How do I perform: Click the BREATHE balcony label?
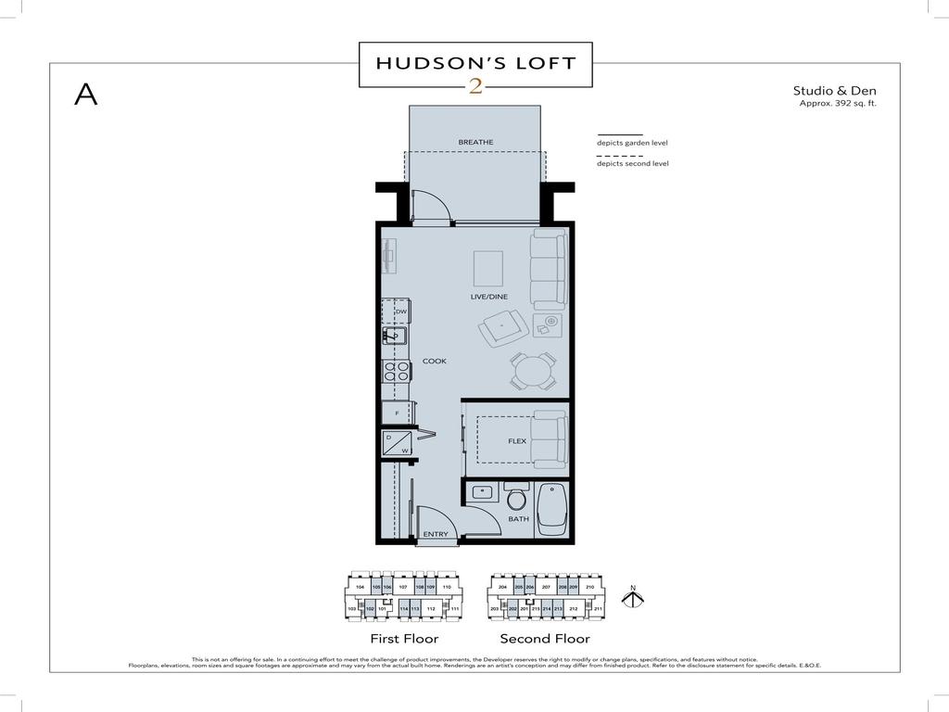[475, 142]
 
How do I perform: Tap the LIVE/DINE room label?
[489, 298]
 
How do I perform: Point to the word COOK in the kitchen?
[435, 361]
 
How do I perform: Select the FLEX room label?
[517, 441]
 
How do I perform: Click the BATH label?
[518, 519]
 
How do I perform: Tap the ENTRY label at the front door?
[436, 535]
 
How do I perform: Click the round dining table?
[532, 371]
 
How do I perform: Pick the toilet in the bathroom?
[516, 498]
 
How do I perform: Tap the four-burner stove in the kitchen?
[397, 372]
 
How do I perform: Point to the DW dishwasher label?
[401, 311]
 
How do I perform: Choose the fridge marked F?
[397, 413]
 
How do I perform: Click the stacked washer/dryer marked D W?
[397, 444]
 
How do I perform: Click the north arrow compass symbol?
[632, 597]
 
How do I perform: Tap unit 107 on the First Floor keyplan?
[403, 588]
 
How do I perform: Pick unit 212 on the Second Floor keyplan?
[574, 609]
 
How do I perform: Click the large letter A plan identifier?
[85, 94]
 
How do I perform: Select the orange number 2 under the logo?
[475, 87]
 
